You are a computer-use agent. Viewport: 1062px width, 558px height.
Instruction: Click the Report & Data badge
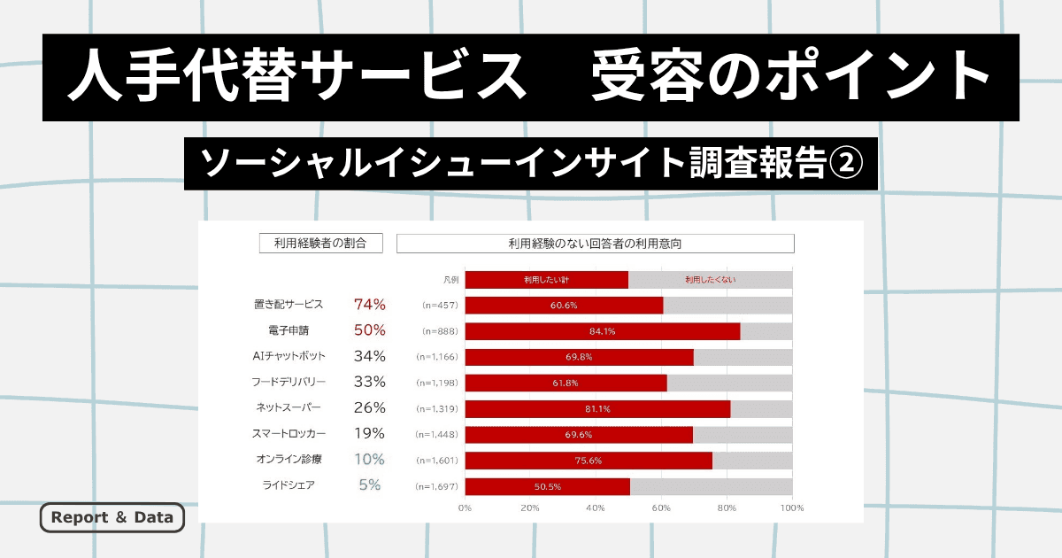[112, 517]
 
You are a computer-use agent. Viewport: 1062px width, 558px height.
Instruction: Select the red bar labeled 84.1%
[602, 331]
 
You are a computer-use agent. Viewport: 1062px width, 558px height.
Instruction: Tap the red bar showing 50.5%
[547, 486]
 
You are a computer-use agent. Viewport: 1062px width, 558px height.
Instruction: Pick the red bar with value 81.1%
[597, 408]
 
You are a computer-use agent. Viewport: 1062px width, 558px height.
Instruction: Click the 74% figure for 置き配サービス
[369, 305]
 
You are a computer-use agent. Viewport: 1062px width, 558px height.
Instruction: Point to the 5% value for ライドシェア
[369, 484]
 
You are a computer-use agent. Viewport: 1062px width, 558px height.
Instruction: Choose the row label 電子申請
[289, 330]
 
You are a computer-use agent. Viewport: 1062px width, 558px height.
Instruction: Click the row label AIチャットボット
[289, 356]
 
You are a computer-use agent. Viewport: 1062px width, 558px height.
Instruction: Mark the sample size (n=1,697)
[436, 486]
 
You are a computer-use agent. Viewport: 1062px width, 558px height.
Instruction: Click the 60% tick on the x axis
[661, 508]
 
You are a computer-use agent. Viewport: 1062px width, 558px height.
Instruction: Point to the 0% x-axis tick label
[465, 508]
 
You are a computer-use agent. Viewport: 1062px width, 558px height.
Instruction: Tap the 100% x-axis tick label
[791, 508]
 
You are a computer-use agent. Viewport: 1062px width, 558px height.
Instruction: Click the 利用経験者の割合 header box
[320, 243]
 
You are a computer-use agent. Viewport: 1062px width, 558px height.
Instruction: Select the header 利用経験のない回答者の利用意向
[595, 243]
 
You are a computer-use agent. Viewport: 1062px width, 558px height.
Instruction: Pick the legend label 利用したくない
[710, 280]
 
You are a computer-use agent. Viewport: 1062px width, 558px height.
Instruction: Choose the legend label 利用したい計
[546, 280]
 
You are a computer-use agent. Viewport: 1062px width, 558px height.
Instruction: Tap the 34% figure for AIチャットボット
[369, 356]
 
